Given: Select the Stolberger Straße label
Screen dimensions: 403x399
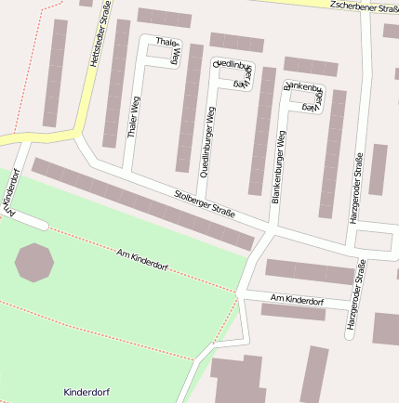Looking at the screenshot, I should (x=205, y=204).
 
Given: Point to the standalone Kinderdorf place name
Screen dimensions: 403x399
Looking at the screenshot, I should (x=86, y=392).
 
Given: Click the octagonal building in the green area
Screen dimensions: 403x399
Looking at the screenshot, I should (x=34, y=262).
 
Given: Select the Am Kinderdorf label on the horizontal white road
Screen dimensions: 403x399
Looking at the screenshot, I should (x=297, y=301).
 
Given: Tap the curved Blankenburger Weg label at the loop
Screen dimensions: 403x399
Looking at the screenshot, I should (x=304, y=95).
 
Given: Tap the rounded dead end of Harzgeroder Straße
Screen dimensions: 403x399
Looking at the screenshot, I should (x=350, y=335).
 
